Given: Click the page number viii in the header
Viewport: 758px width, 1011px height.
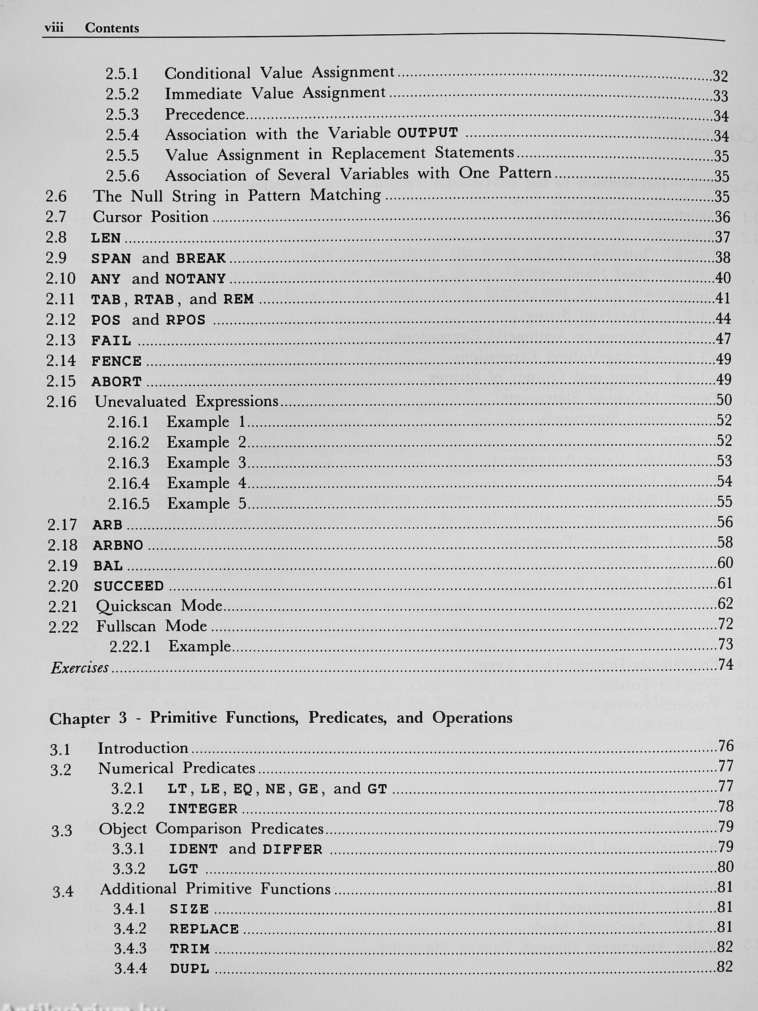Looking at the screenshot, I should click(53, 28).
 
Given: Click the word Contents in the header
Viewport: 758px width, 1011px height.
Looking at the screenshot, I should click(112, 28).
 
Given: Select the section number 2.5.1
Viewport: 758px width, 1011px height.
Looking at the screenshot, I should click(122, 74).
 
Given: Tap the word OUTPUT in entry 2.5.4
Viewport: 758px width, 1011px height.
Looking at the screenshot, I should click(427, 133).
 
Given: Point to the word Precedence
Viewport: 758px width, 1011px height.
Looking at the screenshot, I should click(205, 114).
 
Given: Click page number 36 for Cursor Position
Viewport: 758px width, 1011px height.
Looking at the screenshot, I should click(722, 217).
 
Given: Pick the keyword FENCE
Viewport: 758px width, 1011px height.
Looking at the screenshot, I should click(117, 361).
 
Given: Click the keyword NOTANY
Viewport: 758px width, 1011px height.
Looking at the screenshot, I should click(196, 279).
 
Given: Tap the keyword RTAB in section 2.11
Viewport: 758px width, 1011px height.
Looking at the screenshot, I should click(154, 299).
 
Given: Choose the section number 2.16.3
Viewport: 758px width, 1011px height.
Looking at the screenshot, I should click(129, 463).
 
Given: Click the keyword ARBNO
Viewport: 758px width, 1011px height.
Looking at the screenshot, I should click(118, 545).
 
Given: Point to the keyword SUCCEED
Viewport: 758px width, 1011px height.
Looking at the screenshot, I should click(129, 586).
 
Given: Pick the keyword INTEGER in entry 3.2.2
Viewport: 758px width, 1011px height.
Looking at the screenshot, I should click(203, 809).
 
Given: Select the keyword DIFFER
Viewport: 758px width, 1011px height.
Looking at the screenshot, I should click(293, 849).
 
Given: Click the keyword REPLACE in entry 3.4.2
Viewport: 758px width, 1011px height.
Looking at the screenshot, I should click(204, 929).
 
